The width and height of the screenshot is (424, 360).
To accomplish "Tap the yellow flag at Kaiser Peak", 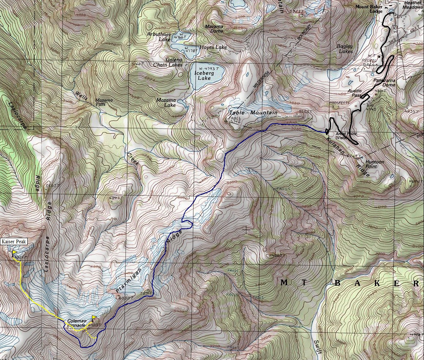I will point(15,252).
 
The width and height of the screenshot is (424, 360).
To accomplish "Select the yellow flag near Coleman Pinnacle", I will point(94,317).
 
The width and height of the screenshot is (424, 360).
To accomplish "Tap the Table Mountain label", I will point(253,113).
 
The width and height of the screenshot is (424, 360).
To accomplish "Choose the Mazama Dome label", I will point(214,29).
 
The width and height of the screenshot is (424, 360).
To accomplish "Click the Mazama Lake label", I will point(166,103).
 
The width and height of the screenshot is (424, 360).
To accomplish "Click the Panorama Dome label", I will point(384,82).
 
